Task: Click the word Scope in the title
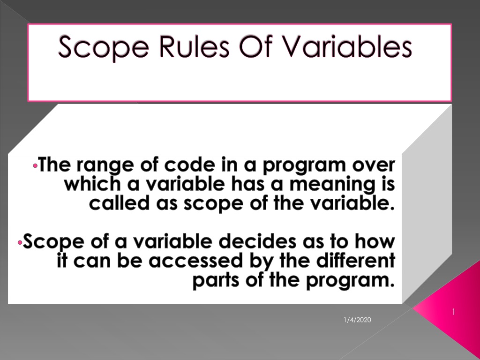coord(104,48)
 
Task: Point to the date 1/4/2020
coord(357,320)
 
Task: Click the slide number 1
coord(453,312)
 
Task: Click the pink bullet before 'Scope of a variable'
coord(20,243)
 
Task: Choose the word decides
coord(257,241)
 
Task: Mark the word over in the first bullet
coord(374,165)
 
